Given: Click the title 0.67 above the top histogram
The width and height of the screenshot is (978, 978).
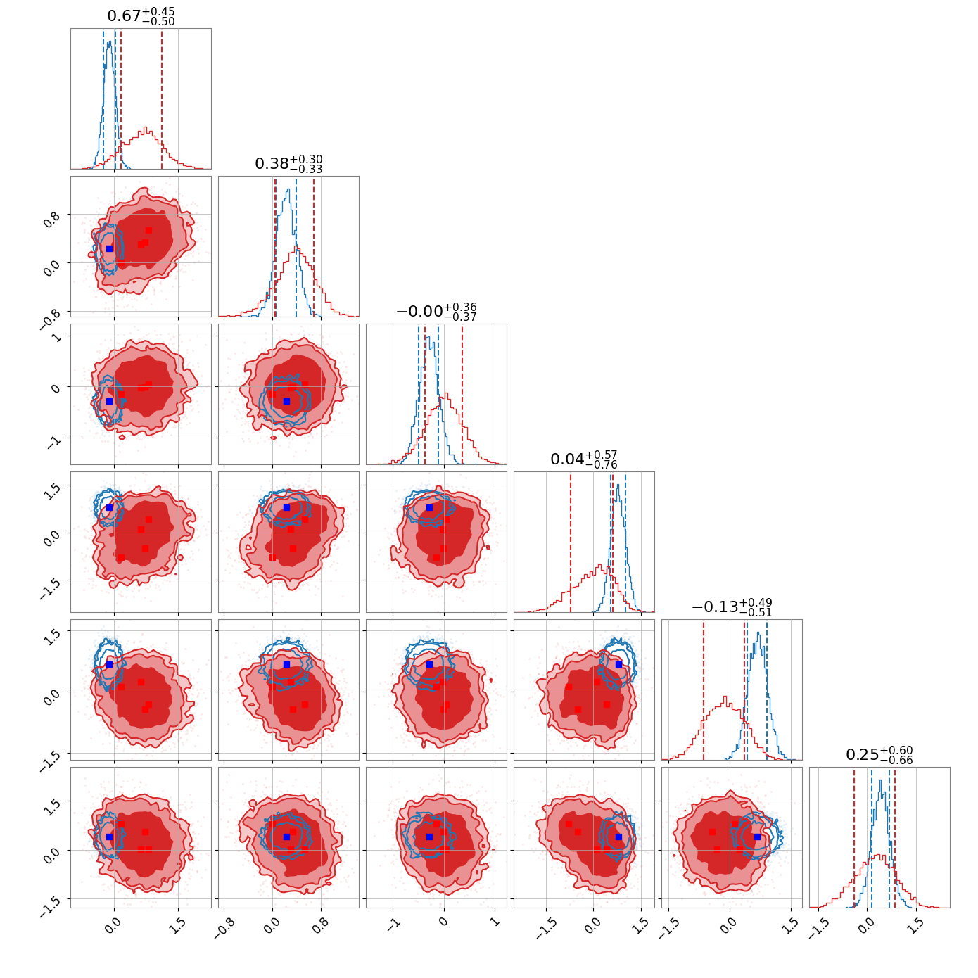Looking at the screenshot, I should (x=141, y=16).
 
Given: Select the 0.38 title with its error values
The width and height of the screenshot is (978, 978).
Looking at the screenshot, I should (x=288, y=164).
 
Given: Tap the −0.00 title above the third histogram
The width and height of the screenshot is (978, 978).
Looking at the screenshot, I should (x=436, y=312).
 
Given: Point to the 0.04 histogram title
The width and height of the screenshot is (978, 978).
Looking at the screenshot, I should (x=584, y=459).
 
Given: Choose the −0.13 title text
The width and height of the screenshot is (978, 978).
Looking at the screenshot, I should (x=732, y=607).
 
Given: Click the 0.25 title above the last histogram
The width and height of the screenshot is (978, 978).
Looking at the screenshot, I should (x=879, y=755).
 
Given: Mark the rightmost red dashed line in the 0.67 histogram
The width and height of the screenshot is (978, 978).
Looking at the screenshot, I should (x=162, y=99).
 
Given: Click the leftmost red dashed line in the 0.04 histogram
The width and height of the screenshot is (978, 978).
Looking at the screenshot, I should (x=571, y=542).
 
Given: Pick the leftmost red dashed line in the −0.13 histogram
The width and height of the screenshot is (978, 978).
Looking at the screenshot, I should (x=704, y=690).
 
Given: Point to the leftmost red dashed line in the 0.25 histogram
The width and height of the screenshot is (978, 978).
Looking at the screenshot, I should (x=854, y=837).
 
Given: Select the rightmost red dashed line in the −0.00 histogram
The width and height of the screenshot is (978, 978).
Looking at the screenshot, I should (x=462, y=394).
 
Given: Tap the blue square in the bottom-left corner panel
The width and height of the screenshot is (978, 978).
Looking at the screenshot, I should (x=109, y=837).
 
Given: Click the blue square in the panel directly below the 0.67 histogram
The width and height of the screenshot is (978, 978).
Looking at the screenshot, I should (x=109, y=248).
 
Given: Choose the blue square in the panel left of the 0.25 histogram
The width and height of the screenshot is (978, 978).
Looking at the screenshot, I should (x=757, y=837).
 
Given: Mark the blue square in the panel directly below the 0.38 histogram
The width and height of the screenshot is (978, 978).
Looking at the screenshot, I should (x=286, y=401).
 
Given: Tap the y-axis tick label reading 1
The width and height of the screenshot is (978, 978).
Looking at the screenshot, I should (x=57, y=338).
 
